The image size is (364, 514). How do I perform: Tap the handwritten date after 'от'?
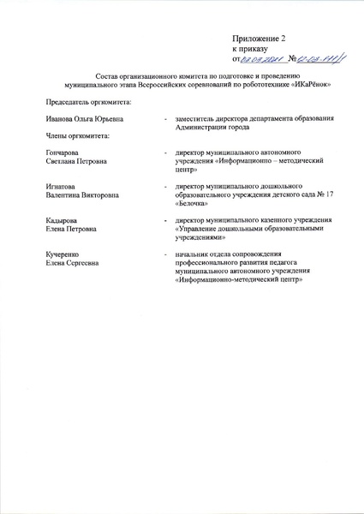[263, 59]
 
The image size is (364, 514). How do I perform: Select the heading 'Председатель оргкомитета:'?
[83, 103]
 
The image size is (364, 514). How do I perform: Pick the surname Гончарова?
[64, 152]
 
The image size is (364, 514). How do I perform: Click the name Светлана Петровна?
[75, 161]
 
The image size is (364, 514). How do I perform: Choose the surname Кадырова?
[63, 221]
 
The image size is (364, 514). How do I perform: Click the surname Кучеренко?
[65, 255]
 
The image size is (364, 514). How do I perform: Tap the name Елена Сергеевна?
[74, 264]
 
